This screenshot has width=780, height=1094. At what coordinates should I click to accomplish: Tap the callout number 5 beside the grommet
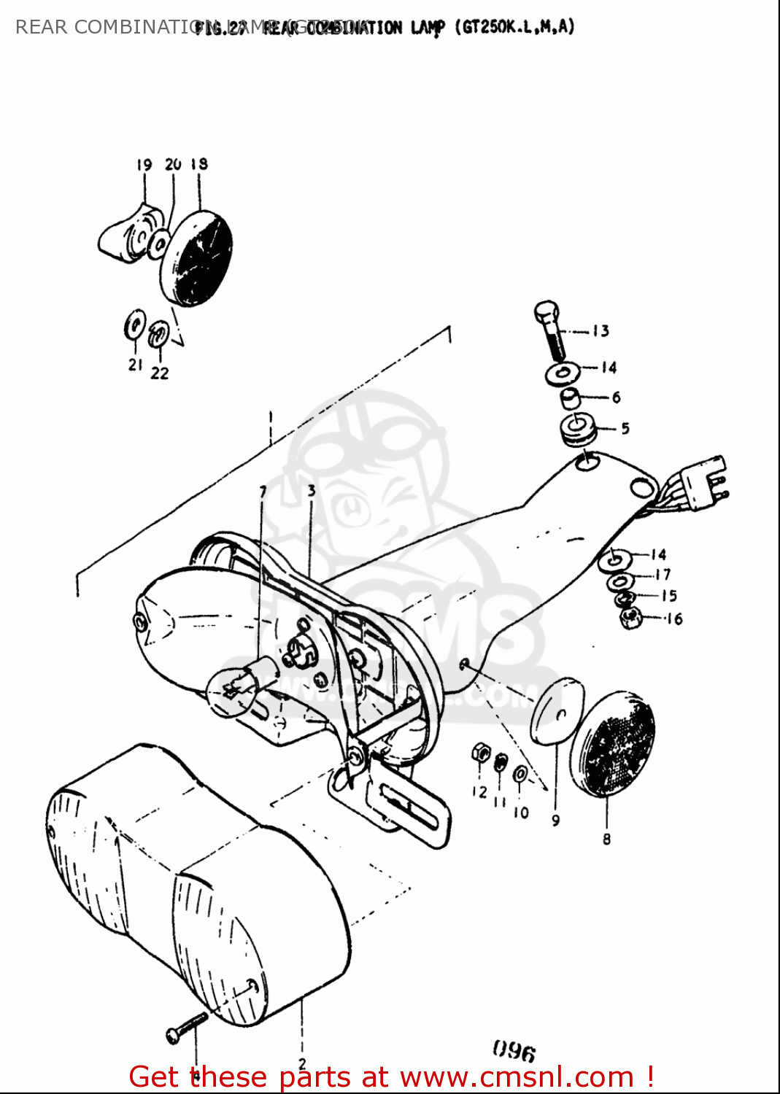click(x=625, y=428)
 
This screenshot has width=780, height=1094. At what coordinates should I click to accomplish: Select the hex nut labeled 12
click(x=480, y=752)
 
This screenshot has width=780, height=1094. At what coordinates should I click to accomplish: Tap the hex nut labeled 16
click(x=630, y=618)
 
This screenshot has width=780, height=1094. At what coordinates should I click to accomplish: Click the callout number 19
click(x=144, y=166)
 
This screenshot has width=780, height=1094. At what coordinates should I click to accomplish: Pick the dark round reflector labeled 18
click(x=197, y=258)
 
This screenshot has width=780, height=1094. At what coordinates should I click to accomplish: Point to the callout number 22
click(x=160, y=373)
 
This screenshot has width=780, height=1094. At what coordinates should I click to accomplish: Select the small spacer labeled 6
click(x=570, y=398)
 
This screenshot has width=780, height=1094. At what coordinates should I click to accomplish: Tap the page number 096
click(x=514, y=1051)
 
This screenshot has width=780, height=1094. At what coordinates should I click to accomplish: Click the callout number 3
click(x=312, y=490)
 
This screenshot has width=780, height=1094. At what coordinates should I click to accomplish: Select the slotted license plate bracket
click(x=409, y=810)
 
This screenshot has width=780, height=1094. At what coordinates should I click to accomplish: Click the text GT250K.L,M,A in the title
click(x=515, y=28)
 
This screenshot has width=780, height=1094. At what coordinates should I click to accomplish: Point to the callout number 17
click(x=663, y=575)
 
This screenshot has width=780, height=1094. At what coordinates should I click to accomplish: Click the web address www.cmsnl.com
click(x=517, y=1077)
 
